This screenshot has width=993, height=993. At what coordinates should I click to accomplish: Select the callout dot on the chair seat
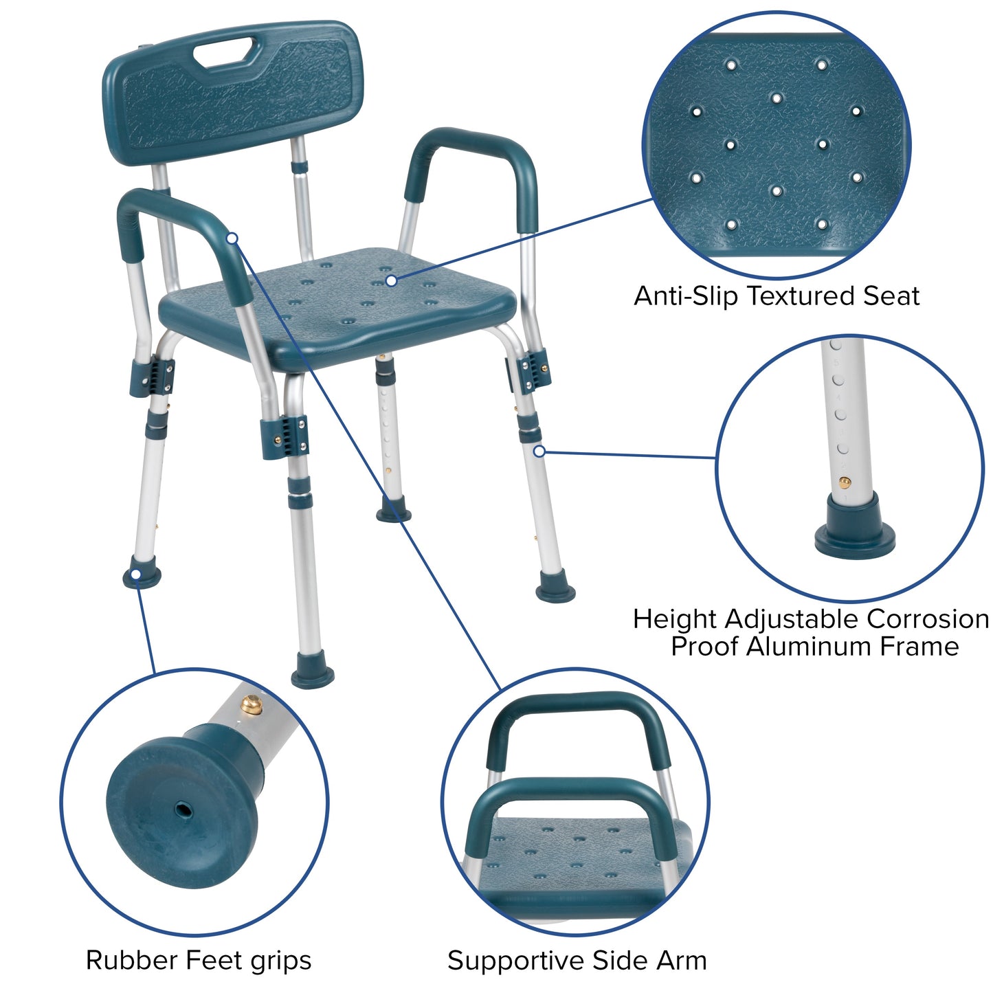coord(391,280)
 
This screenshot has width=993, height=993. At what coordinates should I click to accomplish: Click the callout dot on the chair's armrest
coord(232,238)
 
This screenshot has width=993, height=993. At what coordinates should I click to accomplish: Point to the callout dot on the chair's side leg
coord(539,451)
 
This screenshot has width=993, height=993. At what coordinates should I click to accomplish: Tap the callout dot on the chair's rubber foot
coord(137,574)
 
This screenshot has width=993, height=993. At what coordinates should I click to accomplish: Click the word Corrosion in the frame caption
coord(927,618)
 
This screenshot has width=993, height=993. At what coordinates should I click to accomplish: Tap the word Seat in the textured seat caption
coord(891,296)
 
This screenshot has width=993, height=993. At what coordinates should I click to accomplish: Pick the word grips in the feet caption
coord(280,961)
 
